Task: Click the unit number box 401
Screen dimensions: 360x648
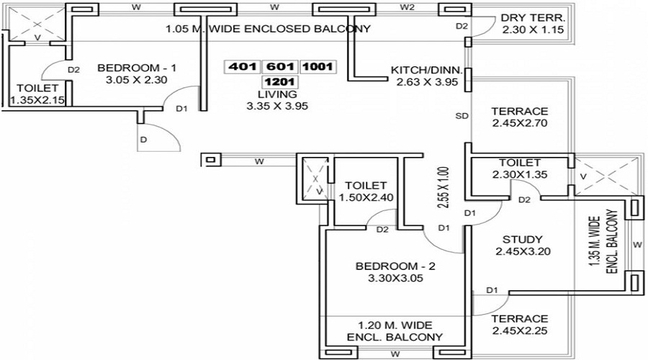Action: click(x=243, y=67)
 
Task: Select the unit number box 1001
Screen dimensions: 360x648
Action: click(x=318, y=67)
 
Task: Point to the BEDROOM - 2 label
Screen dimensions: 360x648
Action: click(x=395, y=266)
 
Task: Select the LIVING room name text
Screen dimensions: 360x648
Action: click(x=277, y=94)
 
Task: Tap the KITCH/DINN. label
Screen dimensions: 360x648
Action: click(x=427, y=70)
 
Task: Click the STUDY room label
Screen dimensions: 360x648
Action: click(x=521, y=239)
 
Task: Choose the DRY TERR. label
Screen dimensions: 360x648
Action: click(x=534, y=18)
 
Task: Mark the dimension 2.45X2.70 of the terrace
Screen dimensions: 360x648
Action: click(x=520, y=124)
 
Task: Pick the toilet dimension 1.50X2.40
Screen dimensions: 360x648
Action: click(x=366, y=197)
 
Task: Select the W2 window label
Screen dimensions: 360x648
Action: click(x=408, y=8)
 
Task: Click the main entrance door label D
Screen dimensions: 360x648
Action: click(x=143, y=139)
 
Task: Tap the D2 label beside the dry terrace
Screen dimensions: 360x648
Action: click(x=462, y=27)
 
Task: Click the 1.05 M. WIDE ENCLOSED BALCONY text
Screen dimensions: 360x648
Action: click(x=268, y=30)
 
